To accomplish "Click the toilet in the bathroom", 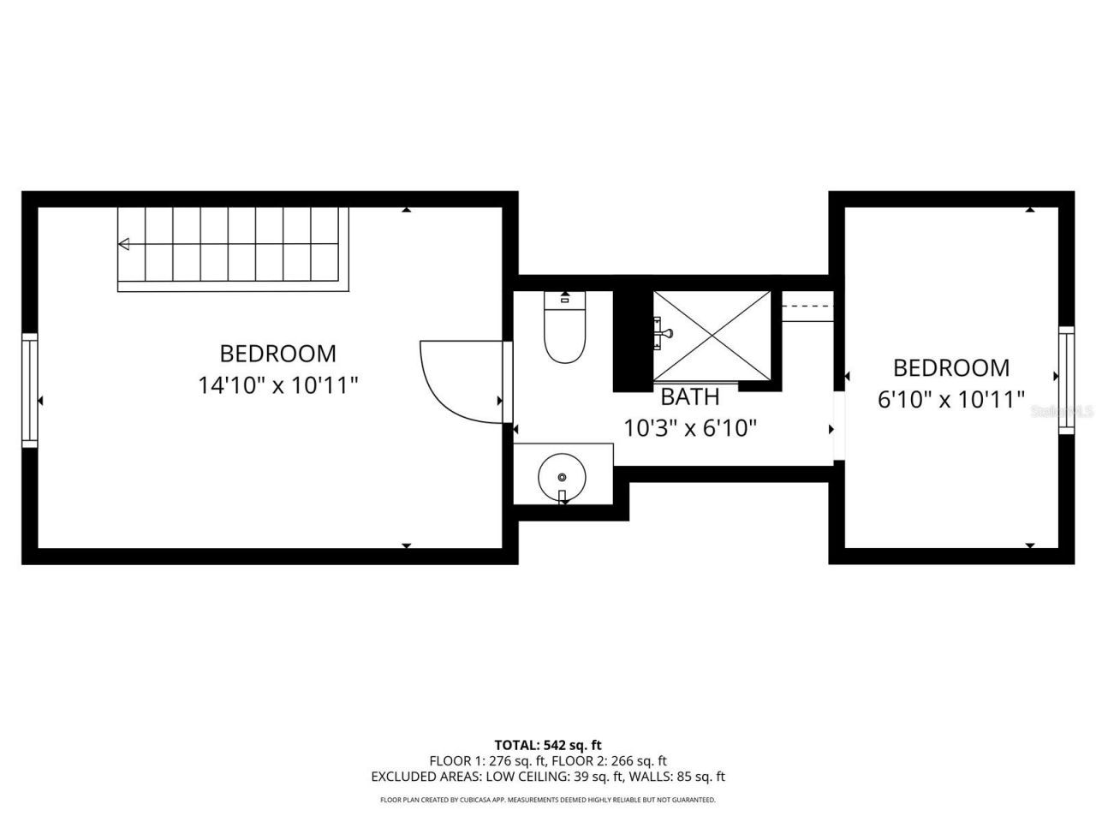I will [564, 334].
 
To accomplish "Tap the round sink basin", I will [562, 475].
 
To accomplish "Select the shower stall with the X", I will [712, 334].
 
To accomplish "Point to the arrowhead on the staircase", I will [124, 245].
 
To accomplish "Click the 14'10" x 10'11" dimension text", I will [277, 385].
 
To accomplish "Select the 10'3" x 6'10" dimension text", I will [690, 427].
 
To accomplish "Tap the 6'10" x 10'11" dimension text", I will [951, 399].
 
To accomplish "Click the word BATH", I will [689, 396].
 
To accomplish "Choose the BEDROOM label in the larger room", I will [277, 353].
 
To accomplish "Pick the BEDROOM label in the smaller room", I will [951, 367].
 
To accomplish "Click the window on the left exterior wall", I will [30, 390].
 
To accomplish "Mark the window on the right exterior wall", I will [1066, 379].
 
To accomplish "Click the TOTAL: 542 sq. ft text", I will [548, 745].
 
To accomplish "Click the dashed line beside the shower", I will [807, 306].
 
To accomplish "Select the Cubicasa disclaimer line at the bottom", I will [548, 800].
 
